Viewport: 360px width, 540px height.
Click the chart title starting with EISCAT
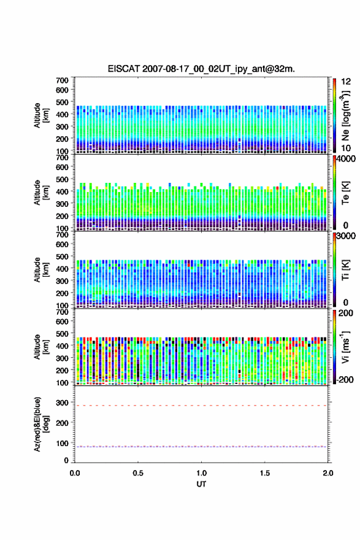[201, 69]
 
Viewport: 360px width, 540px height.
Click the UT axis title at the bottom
[201, 484]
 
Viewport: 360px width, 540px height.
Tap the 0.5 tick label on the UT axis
[138, 473]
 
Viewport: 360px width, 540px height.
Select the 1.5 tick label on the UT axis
[265, 473]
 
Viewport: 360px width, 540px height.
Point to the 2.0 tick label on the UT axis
[328, 473]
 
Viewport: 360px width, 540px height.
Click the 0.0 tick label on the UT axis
[75, 473]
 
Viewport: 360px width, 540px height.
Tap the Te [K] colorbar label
[345, 193]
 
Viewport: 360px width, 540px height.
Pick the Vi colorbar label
[345, 347]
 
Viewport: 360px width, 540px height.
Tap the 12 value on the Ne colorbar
[346, 82]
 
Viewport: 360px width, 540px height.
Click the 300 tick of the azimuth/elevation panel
[63, 403]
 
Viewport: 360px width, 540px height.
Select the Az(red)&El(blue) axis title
[41, 424]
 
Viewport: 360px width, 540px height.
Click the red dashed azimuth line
[201, 406]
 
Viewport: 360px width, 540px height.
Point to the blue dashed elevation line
[201, 447]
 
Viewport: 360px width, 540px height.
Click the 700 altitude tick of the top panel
[63, 80]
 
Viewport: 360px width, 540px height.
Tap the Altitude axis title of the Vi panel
[41, 347]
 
